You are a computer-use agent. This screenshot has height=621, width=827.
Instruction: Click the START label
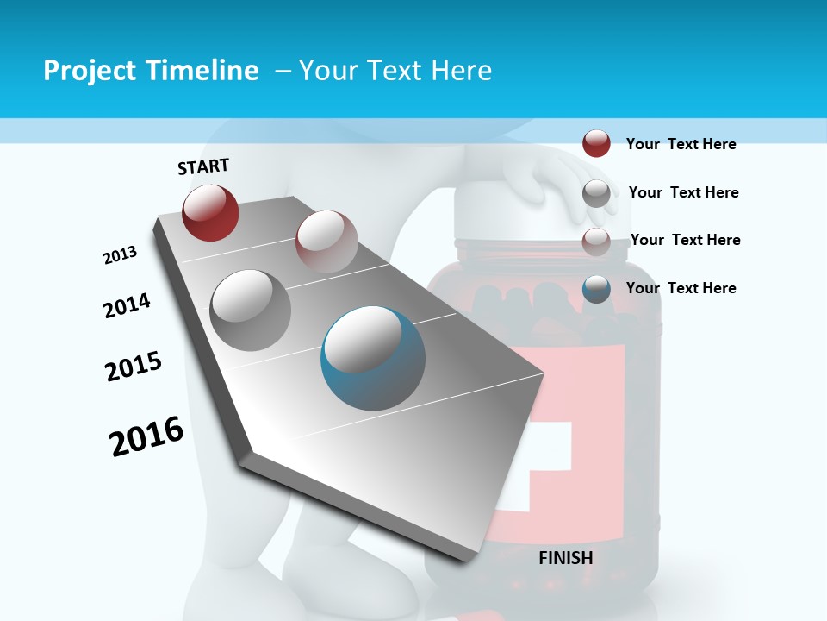click(x=203, y=166)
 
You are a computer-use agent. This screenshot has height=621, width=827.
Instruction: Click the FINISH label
click(x=565, y=558)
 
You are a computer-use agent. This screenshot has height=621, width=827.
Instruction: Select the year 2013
click(x=120, y=255)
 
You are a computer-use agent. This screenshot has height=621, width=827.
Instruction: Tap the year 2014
click(x=127, y=305)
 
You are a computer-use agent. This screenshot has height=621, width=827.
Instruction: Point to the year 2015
click(x=134, y=367)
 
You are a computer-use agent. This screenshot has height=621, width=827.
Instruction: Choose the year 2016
click(x=146, y=436)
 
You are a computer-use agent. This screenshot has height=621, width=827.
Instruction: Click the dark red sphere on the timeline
click(x=210, y=212)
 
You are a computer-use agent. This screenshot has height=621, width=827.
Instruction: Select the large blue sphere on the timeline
click(x=372, y=358)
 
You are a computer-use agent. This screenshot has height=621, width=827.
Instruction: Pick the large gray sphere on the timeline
click(x=251, y=310)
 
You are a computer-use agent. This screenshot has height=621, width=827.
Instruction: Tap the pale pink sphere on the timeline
click(x=326, y=241)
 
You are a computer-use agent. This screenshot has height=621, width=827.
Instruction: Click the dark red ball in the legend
click(x=596, y=143)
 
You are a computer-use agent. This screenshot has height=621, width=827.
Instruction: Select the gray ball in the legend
click(x=596, y=192)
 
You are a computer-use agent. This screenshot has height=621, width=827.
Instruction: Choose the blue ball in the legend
click(x=596, y=289)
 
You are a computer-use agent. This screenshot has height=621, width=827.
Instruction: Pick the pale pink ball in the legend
click(x=596, y=240)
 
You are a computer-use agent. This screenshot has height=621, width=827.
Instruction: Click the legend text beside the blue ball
click(x=681, y=288)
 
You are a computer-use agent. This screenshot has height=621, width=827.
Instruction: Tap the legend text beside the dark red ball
click(x=681, y=144)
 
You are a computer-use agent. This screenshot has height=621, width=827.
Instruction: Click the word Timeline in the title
click(x=204, y=71)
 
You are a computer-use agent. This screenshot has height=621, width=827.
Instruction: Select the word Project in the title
click(x=88, y=71)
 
